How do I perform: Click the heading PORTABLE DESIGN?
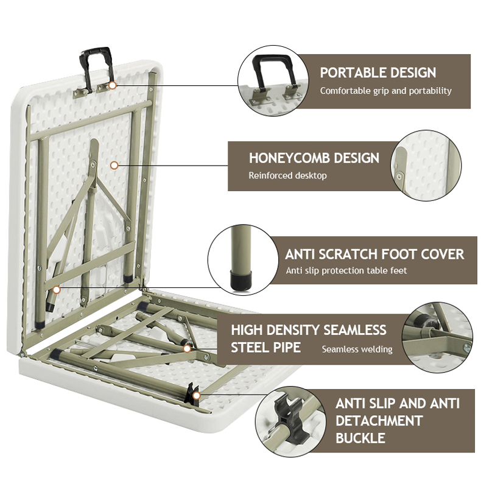click(x=378, y=72)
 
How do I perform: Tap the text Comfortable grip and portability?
click(x=386, y=91)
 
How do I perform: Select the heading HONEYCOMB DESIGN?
click(x=314, y=158)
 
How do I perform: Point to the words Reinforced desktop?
click(x=287, y=175)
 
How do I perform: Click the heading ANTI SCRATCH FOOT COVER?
click(x=374, y=254)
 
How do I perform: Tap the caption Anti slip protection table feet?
click(x=346, y=270)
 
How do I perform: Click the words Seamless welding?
click(x=357, y=349)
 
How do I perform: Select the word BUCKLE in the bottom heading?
click(x=360, y=437)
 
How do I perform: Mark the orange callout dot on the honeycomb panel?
click(x=113, y=164)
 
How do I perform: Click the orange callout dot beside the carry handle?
click(x=112, y=86)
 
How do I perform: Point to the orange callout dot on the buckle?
click(x=196, y=396)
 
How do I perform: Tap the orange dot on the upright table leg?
click(x=56, y=290)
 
